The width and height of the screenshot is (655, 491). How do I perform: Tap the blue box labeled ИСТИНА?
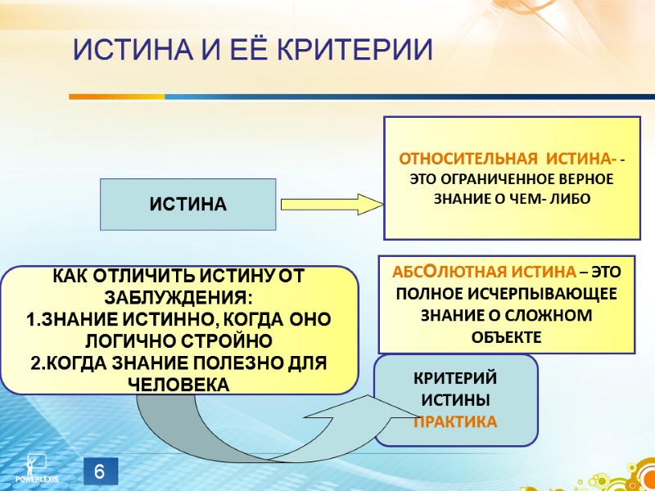point(187,204)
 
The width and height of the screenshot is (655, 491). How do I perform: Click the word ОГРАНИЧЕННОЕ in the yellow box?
point(499,179)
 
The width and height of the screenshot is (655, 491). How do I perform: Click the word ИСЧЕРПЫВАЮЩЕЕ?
point(547,294)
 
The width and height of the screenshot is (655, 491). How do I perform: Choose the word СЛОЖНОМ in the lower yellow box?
point(557,315)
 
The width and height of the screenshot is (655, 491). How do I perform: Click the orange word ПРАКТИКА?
point(455,422)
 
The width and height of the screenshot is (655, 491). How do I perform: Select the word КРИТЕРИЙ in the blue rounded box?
point(455,380)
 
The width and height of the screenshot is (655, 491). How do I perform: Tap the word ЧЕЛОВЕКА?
point(178,382)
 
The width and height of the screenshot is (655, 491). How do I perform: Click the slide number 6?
point(99,472)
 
